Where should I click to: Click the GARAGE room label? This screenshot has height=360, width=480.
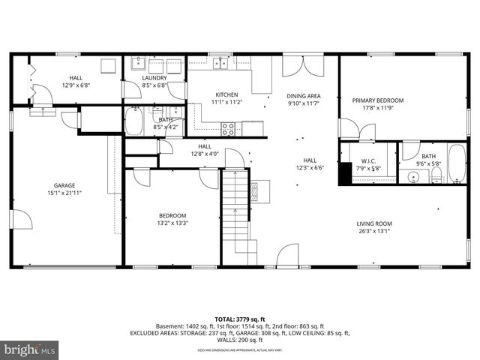pyautogui.click(x=64, y=185)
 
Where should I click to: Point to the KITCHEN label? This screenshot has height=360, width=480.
pyautogui.click(x=226, y=94)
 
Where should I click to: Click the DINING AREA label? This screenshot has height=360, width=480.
pyautogui.click(x=304, y=95)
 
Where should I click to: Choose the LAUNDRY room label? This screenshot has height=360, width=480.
pyautogui.click(x=154, y=78)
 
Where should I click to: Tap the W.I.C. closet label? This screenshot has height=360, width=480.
pyautogui.click(x=367, y=160)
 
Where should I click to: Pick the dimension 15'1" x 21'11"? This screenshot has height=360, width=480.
pyautogui.click(x=64, y=193)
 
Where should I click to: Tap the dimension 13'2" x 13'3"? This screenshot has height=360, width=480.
pyautogui.click(x=172, y=223)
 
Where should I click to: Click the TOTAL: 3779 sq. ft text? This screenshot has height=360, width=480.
pyautogui.click(x=239, y=319)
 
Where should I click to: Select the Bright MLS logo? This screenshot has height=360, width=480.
pyautogui.click(x=30, y=349)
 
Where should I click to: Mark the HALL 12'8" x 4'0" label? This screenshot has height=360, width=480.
pyautogui.click(x=204, y=150)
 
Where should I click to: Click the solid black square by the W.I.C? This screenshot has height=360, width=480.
pyautogui.click(x=344, y=173)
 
